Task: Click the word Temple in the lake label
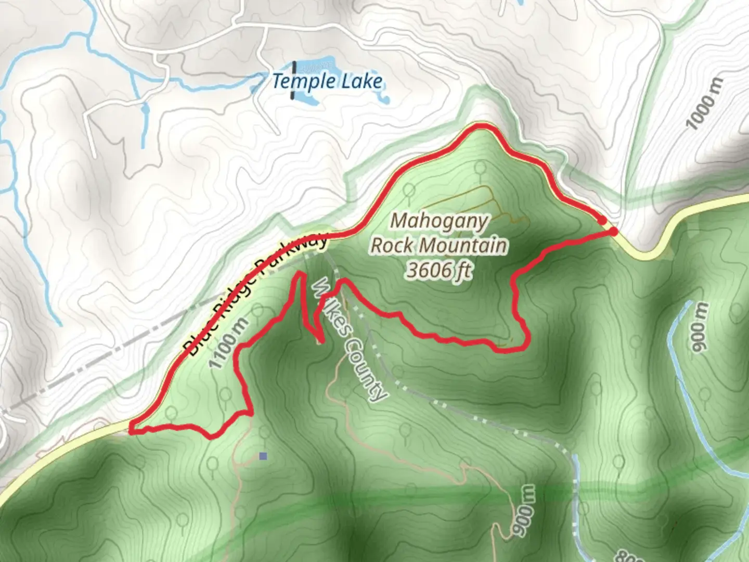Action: pos(304,82)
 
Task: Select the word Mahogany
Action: pos(440,221)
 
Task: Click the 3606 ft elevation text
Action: pos(440,270)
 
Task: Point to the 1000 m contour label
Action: pos(705,104)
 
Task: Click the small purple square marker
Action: pos(263,456)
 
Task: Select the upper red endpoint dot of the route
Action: pos(602,221)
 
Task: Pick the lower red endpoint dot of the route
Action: pos(614,232)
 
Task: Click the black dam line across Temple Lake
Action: pos(294,81)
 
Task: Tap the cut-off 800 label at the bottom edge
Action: pos(629,557)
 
